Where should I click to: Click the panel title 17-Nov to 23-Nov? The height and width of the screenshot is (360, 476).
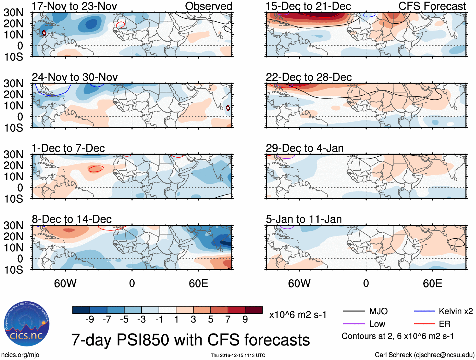pos(74,6)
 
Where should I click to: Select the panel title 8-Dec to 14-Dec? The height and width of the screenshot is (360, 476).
pos(72,219)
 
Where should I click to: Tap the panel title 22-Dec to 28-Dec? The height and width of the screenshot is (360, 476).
pos(309,77)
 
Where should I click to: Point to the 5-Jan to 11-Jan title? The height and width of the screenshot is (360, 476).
pos(304,219)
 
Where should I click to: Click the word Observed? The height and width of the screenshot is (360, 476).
pos(209,6)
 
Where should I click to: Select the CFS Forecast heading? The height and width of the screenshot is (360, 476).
pos(432,6)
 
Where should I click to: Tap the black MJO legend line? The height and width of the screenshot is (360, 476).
pos(354,311)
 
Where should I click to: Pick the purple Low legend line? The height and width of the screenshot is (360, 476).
pos(354,324)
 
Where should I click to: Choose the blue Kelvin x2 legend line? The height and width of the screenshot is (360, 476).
pos(424,311)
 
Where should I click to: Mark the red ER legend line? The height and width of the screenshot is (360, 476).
pos(424,324)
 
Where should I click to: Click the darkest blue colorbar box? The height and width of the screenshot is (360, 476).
pos(81,310)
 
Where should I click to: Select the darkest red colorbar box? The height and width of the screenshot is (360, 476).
pos(254,310)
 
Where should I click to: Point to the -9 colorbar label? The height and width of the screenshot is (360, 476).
pos(90,320)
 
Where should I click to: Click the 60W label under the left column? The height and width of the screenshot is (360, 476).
pos(65,283)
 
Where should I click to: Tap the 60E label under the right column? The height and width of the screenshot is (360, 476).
pos(432,283)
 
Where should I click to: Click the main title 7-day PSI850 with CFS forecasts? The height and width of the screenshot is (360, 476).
pos(190,340)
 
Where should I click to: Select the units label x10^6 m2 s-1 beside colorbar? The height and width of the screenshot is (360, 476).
pos(298,315)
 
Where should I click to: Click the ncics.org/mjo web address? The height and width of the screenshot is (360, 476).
pos(20,355)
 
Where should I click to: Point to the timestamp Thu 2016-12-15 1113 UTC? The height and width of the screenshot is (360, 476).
pos(238,355)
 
